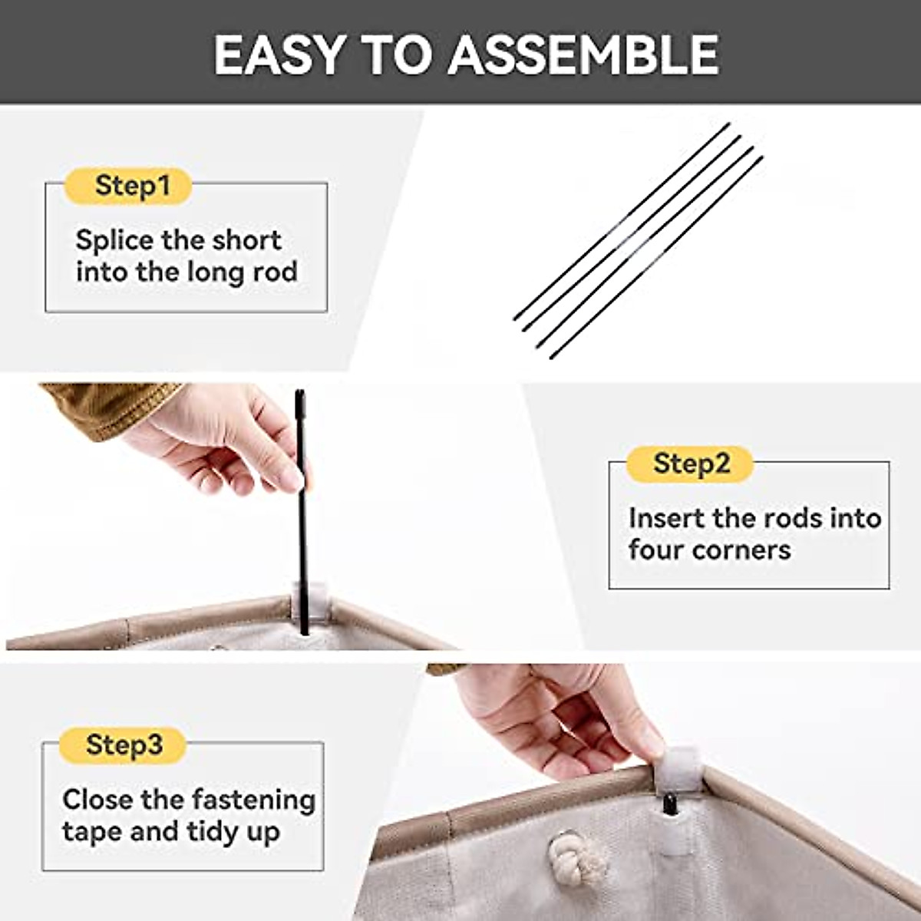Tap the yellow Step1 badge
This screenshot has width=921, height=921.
tap(128, 186)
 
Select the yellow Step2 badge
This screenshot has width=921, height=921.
tap(690, 464)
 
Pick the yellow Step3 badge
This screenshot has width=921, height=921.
tap(124, 744)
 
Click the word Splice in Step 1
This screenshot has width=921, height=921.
tap(114, 241)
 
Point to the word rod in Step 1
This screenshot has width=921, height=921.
tap(274, 272)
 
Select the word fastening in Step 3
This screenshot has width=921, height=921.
tap(253, 800)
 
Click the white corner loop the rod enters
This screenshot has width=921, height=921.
tap(309, 602)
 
